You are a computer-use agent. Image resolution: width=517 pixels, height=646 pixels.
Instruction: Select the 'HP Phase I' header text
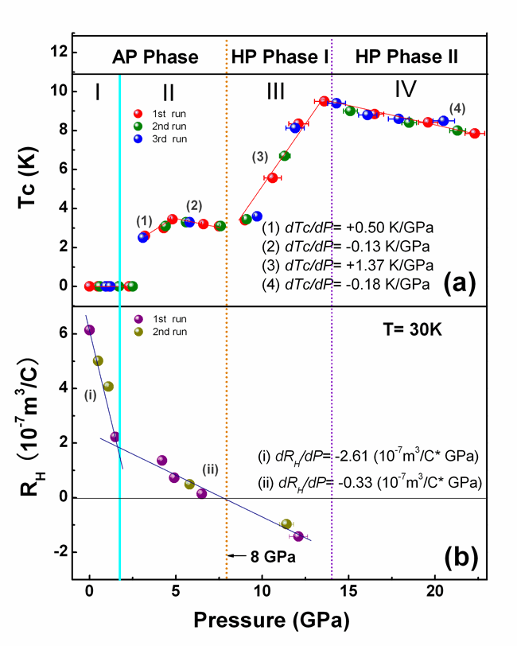pyautogui.click(x=278, y=56)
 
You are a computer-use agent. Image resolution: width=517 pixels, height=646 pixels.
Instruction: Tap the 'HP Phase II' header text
pyautogui.click(x=407, y=56)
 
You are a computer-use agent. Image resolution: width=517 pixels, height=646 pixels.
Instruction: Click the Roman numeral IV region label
pyautogui.click(x=406, y=91)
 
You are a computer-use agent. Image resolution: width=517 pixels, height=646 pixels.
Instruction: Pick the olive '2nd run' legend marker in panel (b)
pyautogui.click(x=138, y=329)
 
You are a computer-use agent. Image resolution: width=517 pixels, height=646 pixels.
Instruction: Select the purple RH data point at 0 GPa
pyautogui.click(x=89, y=329)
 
